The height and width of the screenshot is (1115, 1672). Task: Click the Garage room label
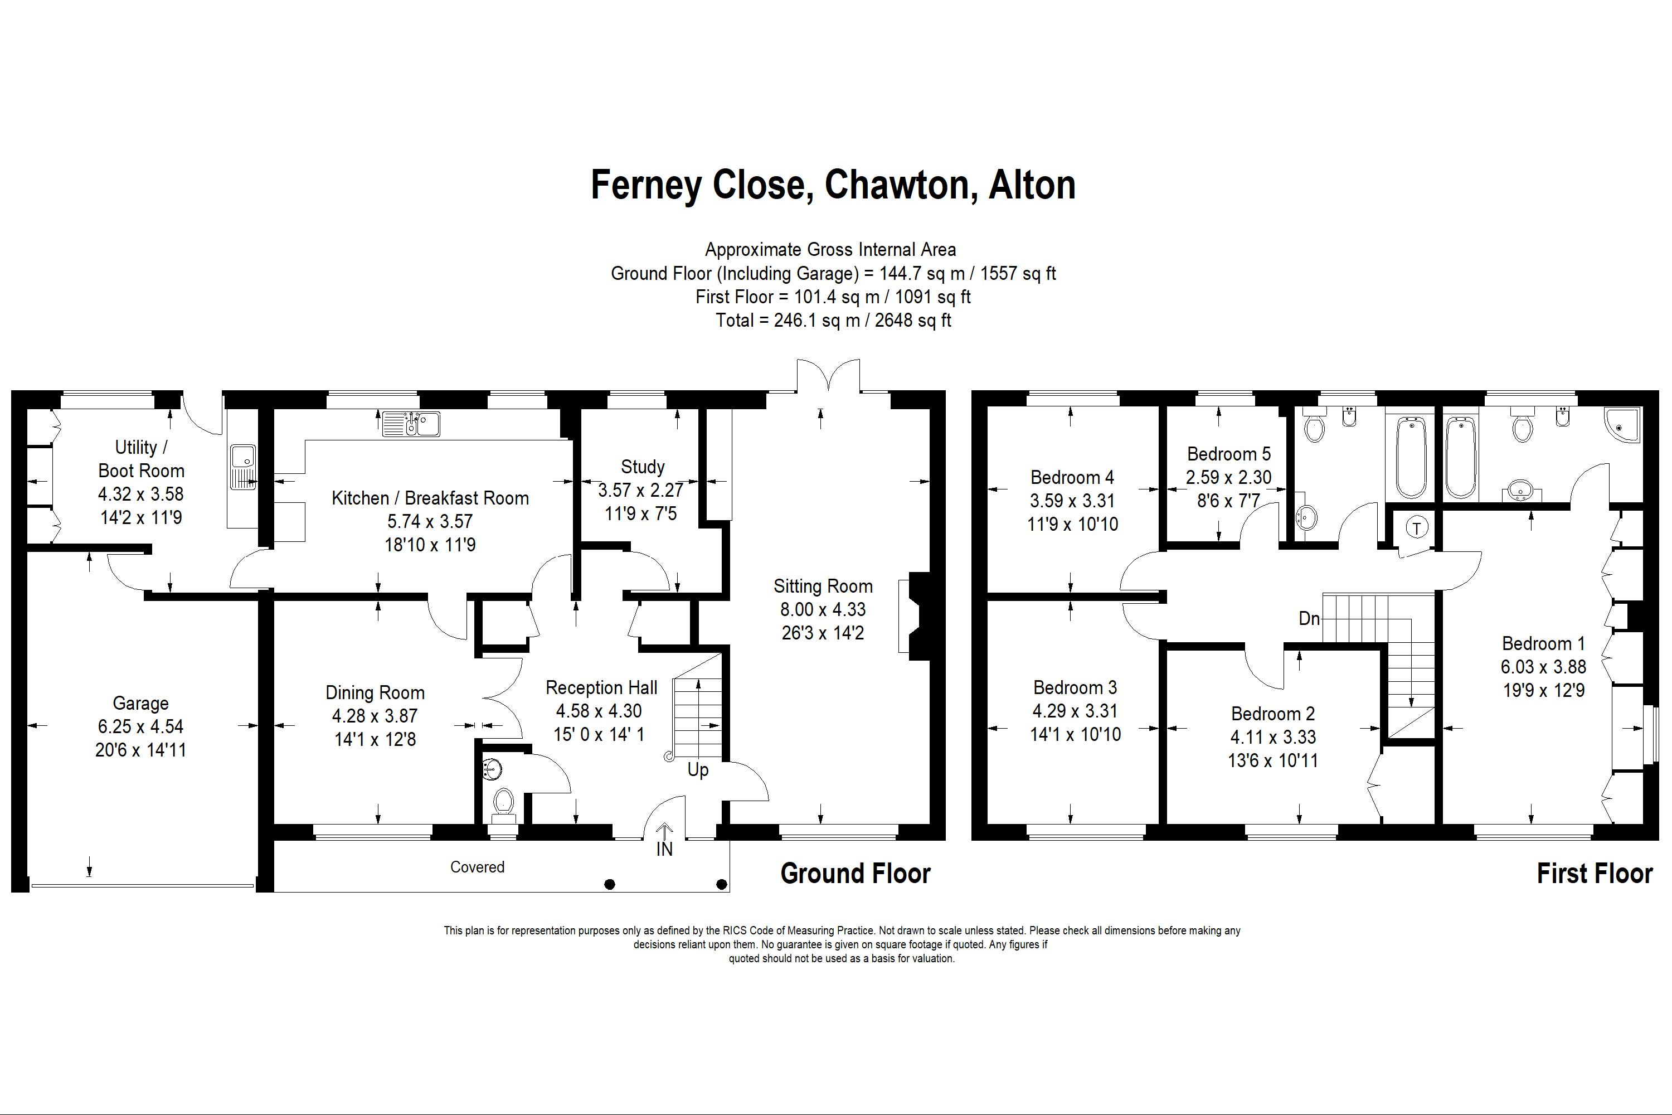(x=141, y=703)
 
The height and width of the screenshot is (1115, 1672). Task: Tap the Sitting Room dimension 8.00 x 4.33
(x=823, y=609)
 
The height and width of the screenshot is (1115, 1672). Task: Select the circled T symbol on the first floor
(x=1417, y=529)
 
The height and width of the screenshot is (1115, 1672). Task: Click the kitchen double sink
(x=411, y=424)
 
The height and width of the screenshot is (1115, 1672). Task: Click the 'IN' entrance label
(x=664, y=849)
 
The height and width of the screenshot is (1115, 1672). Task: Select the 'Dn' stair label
(x=1309, y=619)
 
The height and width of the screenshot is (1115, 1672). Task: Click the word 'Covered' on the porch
(x=477, y=867)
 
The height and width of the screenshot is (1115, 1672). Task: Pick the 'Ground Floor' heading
(x=855, y=873)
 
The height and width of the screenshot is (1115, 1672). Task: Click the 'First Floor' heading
(x=1595, y=873)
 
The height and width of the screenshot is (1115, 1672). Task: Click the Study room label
(x=643, y=467)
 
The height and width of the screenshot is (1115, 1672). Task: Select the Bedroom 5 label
(x=1228, y=454)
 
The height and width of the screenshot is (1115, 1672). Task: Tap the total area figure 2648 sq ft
(x=913, y=321)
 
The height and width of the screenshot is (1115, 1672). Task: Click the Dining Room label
(x=375, y=692)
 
